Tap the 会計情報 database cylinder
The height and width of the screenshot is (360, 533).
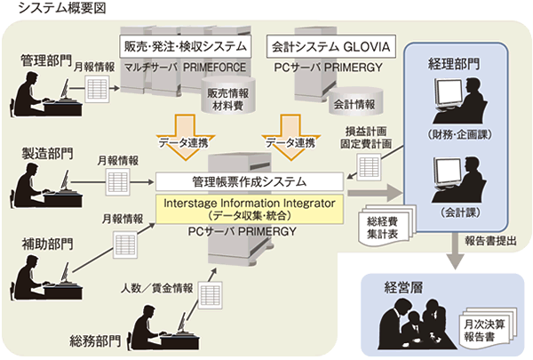(x=351, y=104)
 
